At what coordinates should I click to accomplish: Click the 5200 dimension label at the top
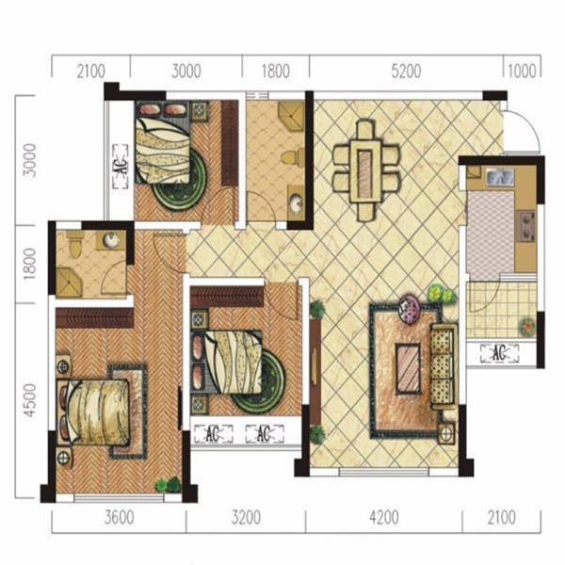coord(406,71)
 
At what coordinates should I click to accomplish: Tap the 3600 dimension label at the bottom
coord(120,518)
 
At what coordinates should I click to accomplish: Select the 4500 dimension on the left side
coord(29,400)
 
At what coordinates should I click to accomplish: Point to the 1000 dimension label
coord(522,71)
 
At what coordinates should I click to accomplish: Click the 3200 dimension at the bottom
coord(246,518)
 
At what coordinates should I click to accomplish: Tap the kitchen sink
coord(500,176)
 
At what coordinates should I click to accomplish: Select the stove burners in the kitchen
coord(526,226)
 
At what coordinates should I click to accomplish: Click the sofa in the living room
coord(444,366)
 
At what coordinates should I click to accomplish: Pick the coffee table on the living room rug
coord(408,368)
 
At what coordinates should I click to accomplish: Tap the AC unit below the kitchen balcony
coord(500,353)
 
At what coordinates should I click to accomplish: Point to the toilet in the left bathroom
coord(75,243)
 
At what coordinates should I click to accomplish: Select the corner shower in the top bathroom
coord(291,116)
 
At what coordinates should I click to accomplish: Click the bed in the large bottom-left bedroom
coord(94,411)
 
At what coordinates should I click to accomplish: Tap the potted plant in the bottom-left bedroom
coord(169,484)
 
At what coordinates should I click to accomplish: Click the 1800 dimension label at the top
coord(276,71)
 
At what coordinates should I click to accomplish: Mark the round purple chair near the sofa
coord(410,309)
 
